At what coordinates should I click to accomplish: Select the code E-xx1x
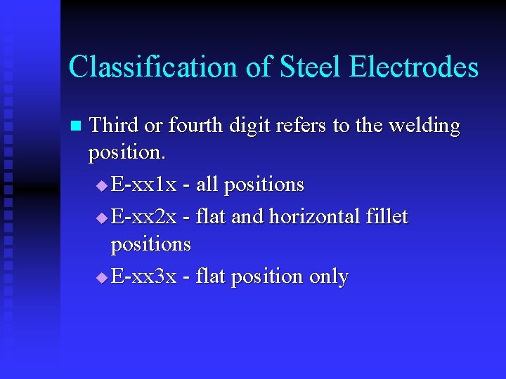[144, 185]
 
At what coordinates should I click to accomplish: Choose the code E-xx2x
[144, 216]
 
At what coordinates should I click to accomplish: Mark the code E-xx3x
[144, 277]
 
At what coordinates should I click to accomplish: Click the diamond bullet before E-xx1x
[102, 186]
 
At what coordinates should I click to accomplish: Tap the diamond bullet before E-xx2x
[102, 218]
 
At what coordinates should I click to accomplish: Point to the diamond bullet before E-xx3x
[102, 278]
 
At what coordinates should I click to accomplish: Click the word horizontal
[313, 216]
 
